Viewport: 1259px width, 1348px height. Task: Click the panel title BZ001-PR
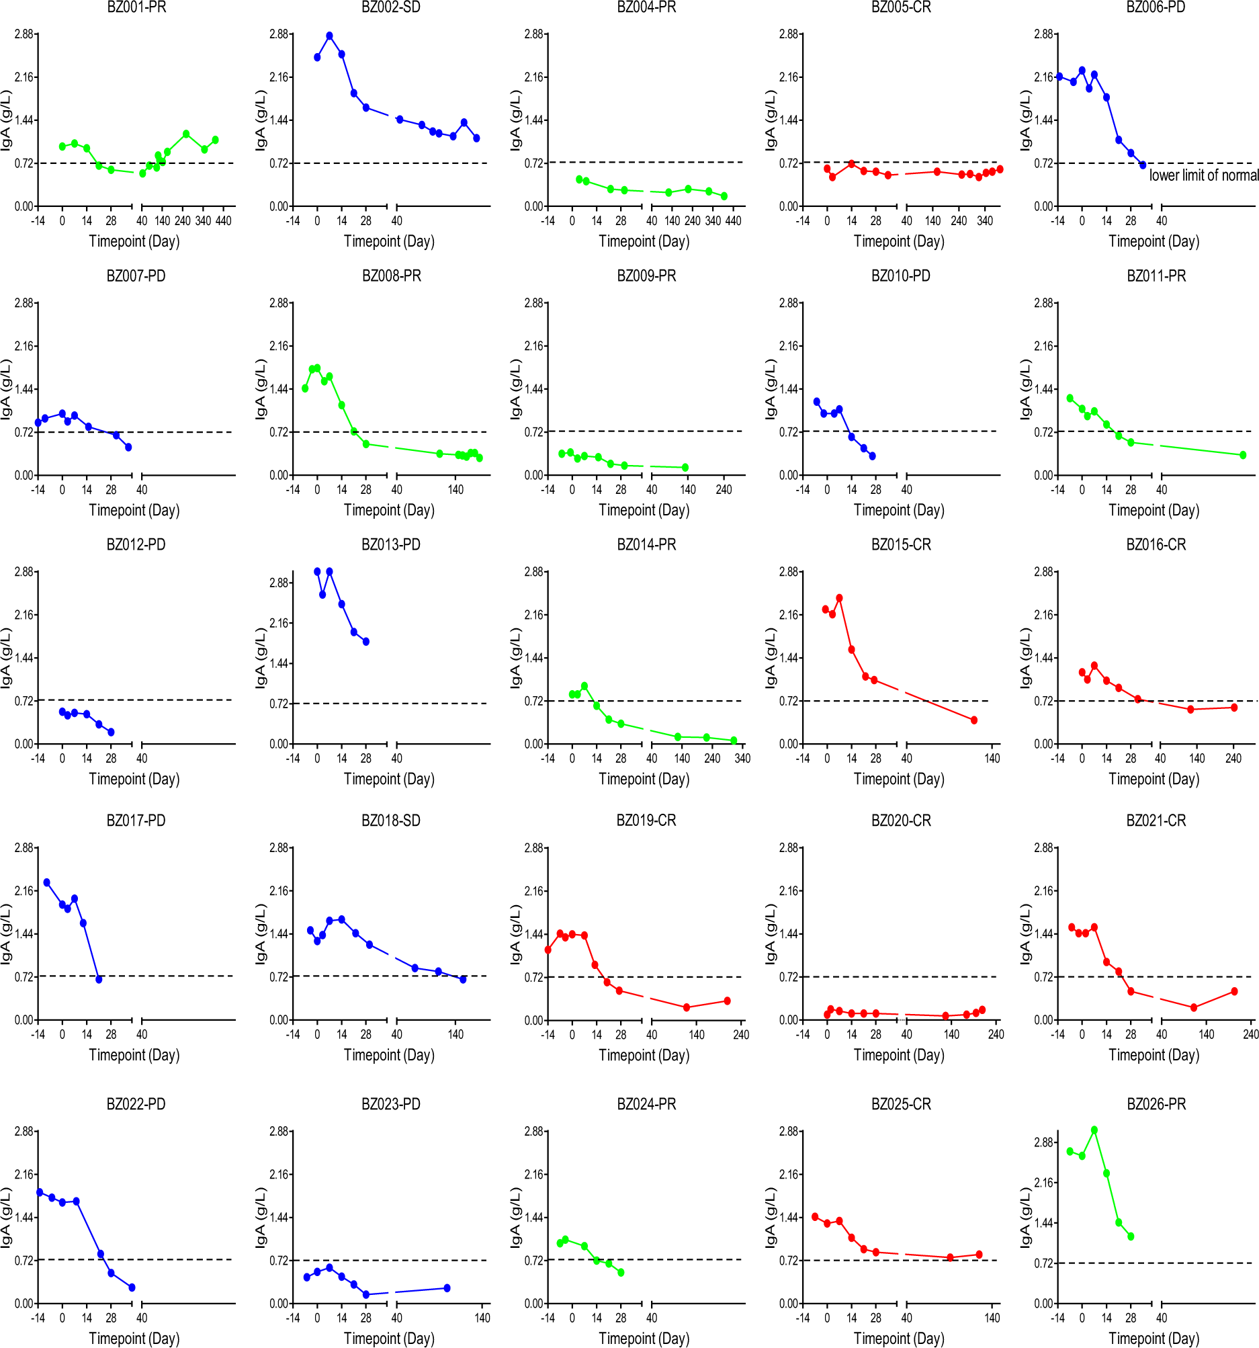(136, 7)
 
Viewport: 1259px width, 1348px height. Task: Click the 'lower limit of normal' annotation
(1203, 175)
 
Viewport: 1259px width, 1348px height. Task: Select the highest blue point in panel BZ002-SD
(329, 36)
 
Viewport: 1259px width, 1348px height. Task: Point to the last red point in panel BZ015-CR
(974, 720)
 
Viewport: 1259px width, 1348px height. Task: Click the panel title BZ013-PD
(390, 545)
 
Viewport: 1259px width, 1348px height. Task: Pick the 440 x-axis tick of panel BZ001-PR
(223, 221)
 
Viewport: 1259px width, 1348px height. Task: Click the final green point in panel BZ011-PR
(1243, 455)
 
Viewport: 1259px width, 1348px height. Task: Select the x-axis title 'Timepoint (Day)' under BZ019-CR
(644, 1055)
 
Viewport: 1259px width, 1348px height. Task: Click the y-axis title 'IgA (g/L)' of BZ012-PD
(6, 658)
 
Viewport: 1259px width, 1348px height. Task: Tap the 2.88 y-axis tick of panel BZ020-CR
(789, 847)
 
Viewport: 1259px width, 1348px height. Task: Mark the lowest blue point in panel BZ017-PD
(99, 979)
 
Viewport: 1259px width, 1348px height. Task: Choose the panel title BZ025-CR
(900, 1105)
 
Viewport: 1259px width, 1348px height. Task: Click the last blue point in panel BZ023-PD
(447, 1288)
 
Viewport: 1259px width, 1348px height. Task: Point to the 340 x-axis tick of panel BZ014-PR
(742, 759)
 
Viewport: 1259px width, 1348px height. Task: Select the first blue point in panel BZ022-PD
(40, 1192)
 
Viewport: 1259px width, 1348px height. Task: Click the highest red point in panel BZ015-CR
(839, 598)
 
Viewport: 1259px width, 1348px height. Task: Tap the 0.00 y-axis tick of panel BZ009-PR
(533, 475)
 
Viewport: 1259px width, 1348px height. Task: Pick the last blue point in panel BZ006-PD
(1142, 165)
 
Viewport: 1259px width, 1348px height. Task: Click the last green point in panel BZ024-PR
(621, 1273)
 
